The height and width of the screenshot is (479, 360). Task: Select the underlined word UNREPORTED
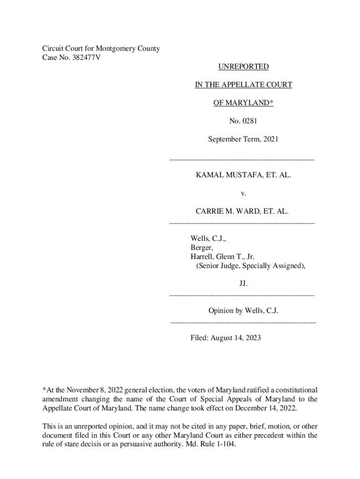click(x=244, y=67)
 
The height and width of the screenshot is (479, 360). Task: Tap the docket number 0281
click(x=250, y=121)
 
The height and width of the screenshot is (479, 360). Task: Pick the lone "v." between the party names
click(x=243, y=193)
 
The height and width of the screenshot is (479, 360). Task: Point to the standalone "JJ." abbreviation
click(x=244, y=283)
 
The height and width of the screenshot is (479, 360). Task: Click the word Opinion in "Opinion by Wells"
click(x=222, y=311)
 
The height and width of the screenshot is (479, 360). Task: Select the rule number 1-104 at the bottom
click(x=224, y=444)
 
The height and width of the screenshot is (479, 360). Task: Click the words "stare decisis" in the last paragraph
click(x=77, y=444)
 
